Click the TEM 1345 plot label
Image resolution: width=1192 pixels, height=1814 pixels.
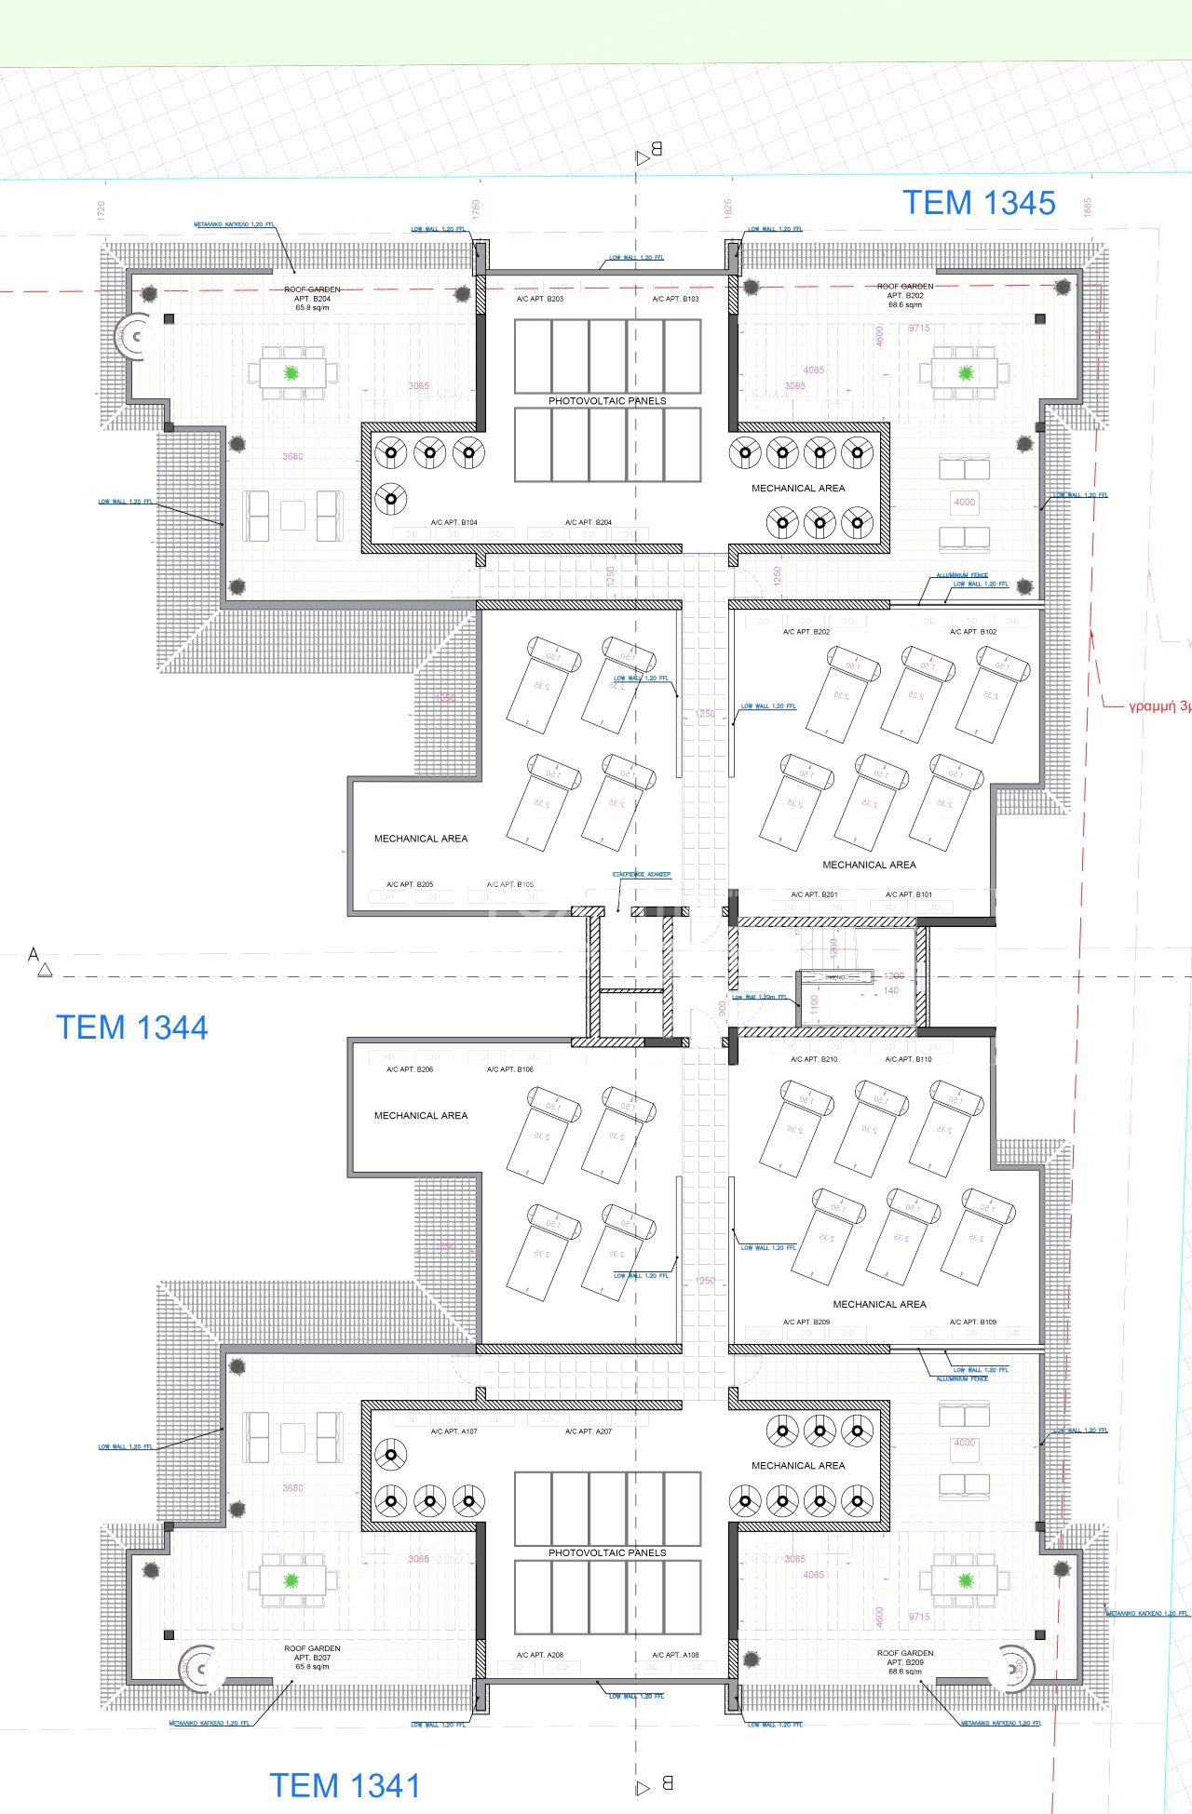point(979,203)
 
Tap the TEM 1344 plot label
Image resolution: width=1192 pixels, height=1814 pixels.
point(131,1028)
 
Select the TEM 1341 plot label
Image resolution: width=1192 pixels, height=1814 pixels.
point(345,1786)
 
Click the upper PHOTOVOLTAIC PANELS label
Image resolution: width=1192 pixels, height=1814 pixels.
point(607,401)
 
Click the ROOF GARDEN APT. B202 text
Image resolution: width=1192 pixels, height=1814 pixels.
point(904,295)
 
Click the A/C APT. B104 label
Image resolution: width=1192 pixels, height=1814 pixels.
point(454,523)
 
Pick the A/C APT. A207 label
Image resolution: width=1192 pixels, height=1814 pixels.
point(589,1431)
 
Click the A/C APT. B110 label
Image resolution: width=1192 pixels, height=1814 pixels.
point(908,1059)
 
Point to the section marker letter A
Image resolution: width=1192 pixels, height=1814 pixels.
point(34,955)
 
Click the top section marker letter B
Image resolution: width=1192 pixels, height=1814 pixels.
point(656,149)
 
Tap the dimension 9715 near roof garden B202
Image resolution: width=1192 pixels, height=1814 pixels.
point(919,329)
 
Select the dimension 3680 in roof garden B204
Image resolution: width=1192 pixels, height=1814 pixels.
point(292,456)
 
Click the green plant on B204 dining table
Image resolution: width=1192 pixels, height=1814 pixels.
point(291,373)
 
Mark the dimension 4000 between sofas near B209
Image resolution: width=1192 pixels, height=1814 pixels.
point(964,1443)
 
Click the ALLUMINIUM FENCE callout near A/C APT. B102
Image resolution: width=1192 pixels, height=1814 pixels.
point(962,575)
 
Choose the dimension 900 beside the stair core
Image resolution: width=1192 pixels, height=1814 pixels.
point(722,1009)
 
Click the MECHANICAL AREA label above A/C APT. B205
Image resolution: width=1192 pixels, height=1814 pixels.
point(421,839)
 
